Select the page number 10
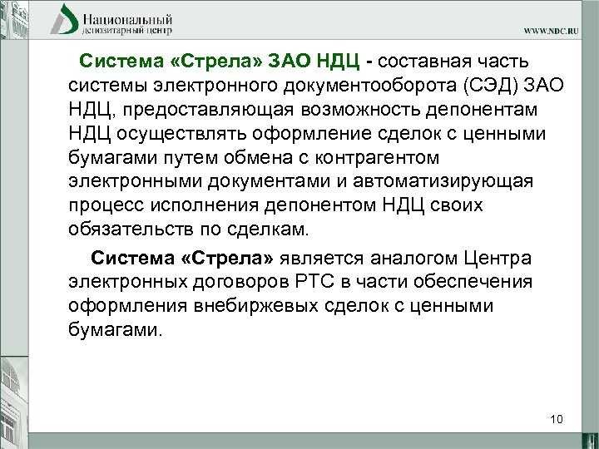tap(557, 418)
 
